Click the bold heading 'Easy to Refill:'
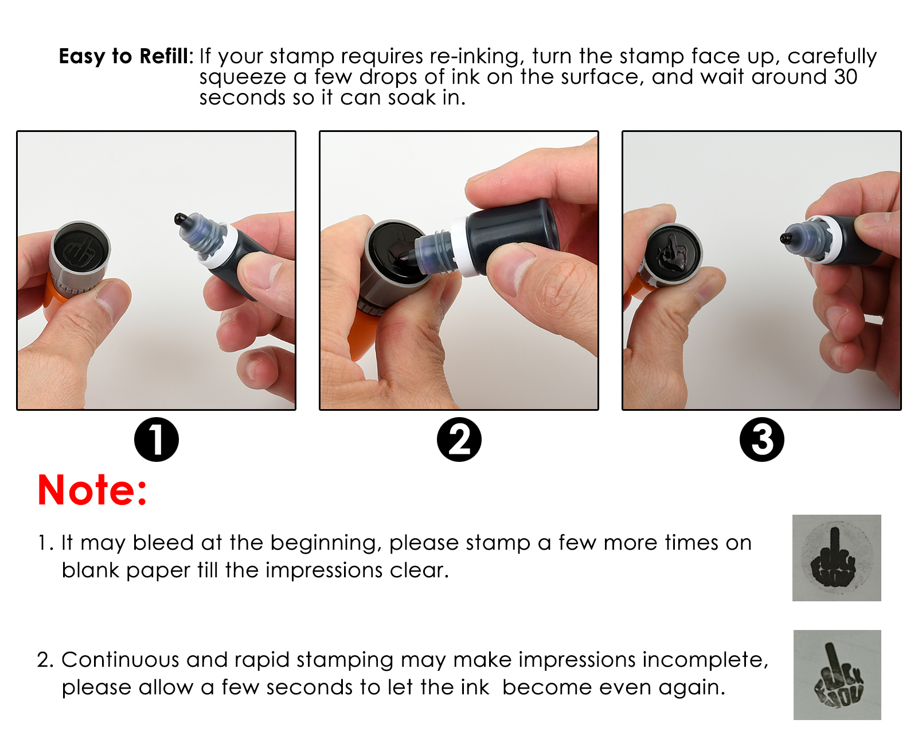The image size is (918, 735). [x=126, y=57]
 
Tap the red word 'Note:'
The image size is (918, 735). [x=92, y=490]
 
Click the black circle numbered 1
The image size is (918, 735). [x=157, y=440]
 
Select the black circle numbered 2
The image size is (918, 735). [x=459, y=440]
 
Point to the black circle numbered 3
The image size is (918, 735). [x=762, y=440]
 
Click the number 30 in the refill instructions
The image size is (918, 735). [x=845, y=77]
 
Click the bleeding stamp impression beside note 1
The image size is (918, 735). [x=837, y=558]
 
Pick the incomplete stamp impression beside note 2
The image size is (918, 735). [x=837, y=675]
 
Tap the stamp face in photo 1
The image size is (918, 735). [x=80, y=251]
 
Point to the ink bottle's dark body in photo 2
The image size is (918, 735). [x=512, y=232]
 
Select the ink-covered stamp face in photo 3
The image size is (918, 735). [x=673, y=252]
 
